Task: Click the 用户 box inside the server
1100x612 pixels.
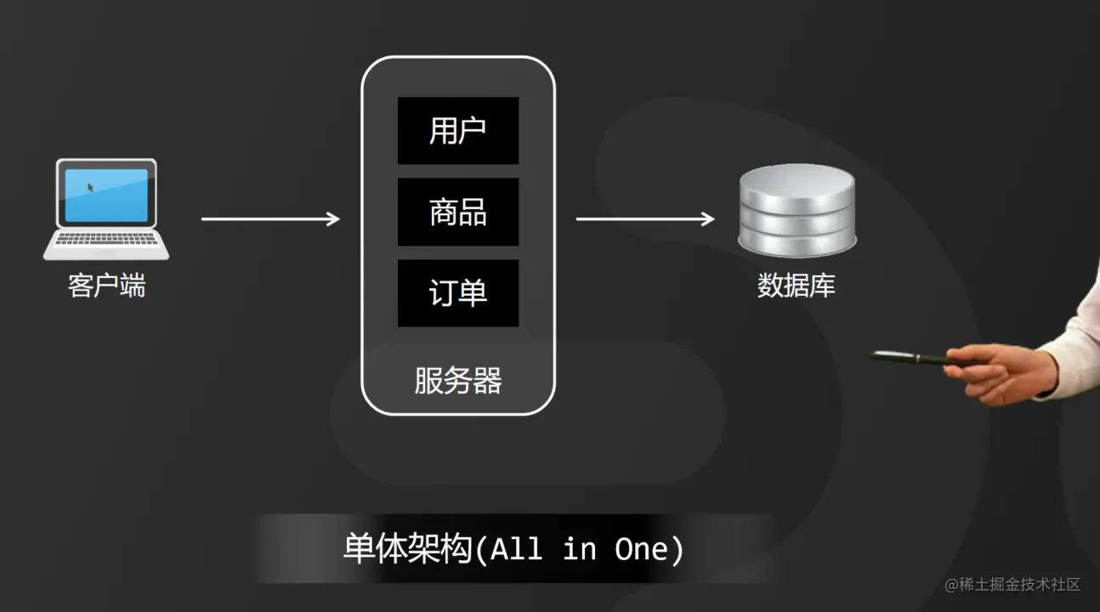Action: [458, 130]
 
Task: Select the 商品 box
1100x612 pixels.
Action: [458, 212]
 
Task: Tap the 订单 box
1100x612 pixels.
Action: [458, 293]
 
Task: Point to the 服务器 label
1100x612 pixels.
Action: [458, 380]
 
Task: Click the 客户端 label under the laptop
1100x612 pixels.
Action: [106, 286]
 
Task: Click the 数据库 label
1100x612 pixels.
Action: [797, 286]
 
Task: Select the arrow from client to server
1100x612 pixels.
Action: [269, 219]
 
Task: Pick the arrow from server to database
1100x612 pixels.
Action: [644, 219]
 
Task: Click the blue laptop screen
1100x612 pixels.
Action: [106, 195]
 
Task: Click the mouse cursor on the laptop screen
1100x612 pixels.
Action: [91, 187]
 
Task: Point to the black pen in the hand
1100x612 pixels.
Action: [910, 358]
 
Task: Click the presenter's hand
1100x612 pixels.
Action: [1003, 374]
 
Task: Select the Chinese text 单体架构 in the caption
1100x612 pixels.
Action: [406, 549]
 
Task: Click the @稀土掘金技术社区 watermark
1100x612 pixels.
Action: [1012, 585]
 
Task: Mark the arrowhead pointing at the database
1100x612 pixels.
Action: [707, 219]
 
